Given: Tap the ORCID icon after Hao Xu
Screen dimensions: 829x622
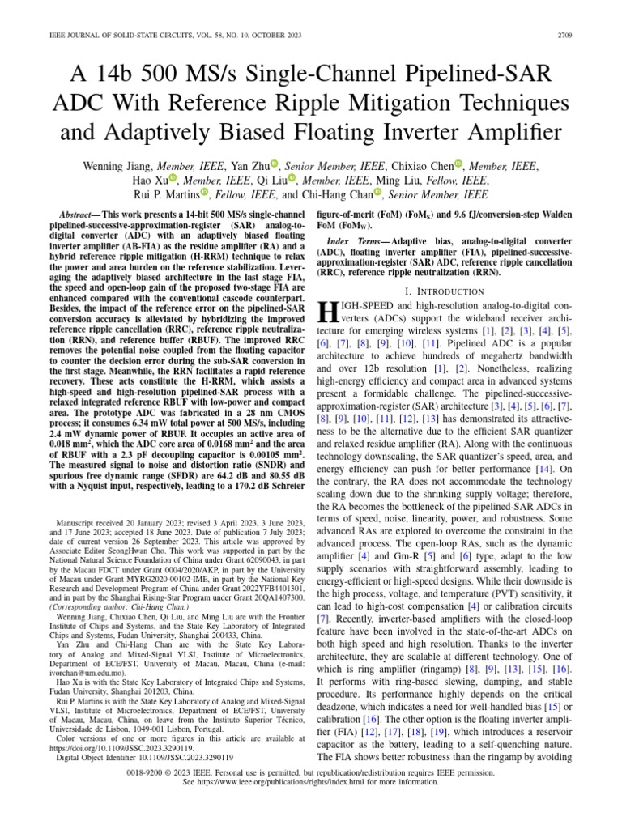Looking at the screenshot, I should pyautogui.click(x=173, y=180).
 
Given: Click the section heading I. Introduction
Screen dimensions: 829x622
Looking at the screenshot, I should pyautogui.click(x=448, y=291).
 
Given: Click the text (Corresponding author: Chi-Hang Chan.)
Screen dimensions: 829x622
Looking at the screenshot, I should pyautogui.click(x=113, y=606).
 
